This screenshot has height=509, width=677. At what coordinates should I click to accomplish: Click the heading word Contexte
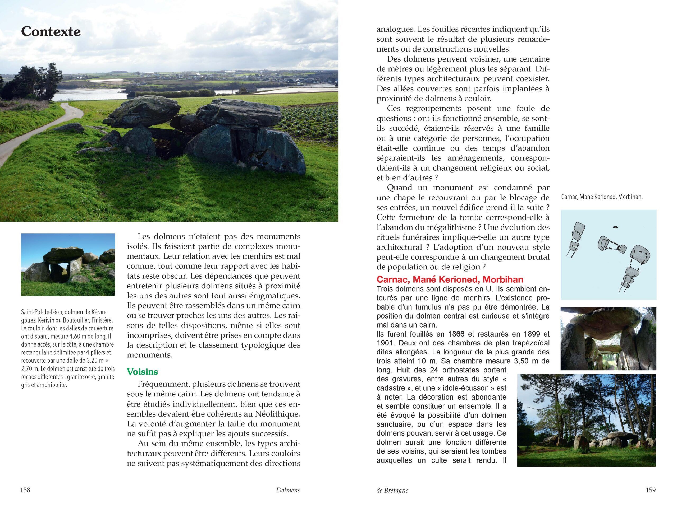pyautogui.click(x=51, y=31)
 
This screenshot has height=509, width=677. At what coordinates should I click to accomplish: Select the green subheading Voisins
pyautogui.click(x=142, y=371)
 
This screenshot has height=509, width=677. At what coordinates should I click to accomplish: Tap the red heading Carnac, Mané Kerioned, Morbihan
pyautogui.click(x=450, y=279)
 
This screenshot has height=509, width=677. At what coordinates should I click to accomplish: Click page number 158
pyautogui.click(x=25, y=490)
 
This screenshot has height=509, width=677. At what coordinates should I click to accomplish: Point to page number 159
pyautogui.click(x=651, y=490)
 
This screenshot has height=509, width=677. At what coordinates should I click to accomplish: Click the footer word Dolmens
pyautogui.click(x=288, y=490)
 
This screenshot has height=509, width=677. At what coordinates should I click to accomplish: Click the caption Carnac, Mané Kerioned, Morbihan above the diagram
pyautogui.click(x=602, y=197)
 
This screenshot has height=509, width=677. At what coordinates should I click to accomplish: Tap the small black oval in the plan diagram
pyautogui.click(x=615, y=227)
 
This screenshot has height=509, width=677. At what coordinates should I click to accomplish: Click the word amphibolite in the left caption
pyautogui.click(x=52, y=385)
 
